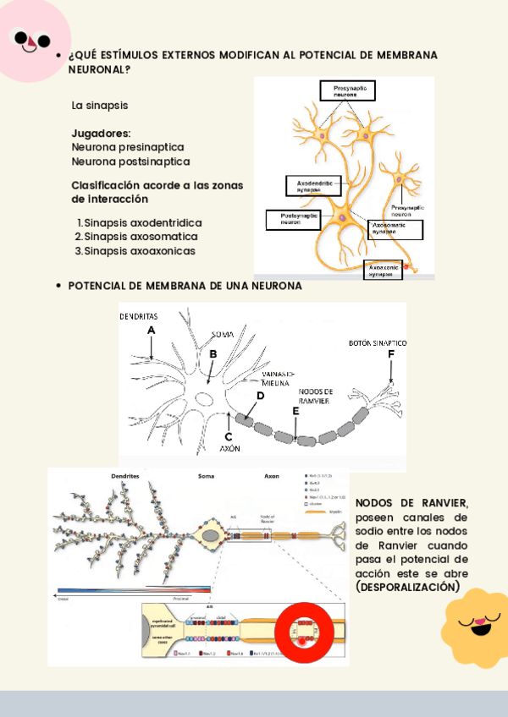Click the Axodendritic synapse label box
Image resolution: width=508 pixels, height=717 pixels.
tap(312, 185)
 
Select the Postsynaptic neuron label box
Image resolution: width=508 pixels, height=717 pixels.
tap(293, 219)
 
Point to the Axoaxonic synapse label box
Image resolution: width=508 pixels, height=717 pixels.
tap(387, 269)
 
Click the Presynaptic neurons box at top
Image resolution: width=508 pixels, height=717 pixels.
tap(346, 90)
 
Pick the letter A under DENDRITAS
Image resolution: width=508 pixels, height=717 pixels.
tap(152, 330)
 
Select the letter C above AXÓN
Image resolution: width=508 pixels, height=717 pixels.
tap(228, 436)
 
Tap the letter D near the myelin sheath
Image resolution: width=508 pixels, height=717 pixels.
tap(260, 396)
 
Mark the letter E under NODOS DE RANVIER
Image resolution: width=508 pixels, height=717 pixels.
tap(295, 411)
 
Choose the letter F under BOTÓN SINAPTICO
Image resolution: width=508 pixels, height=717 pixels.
tap(390, 355)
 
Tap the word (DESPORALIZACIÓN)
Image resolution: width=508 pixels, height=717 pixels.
tap(408, 587)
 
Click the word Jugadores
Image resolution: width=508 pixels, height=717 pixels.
tap(101, 134)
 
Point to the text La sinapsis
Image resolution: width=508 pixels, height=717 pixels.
tap(100, 106)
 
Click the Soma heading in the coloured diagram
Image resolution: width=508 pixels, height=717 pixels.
tap(206, 476)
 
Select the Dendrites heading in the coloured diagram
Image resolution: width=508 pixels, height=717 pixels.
tap(125, 476)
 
